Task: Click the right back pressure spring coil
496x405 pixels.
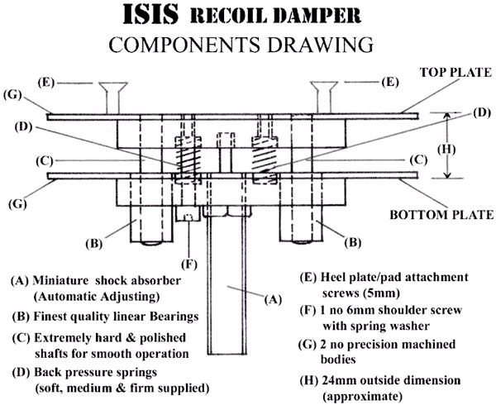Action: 263,154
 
